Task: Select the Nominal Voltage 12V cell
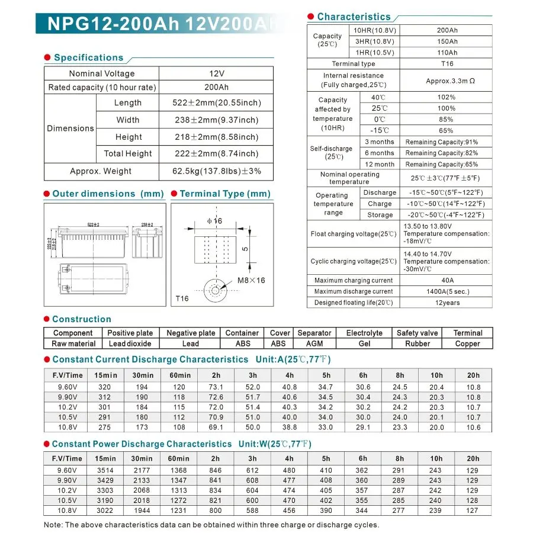tap(217, 73)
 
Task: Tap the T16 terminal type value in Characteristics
tap(447, 64)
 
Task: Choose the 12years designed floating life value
tap(447, 303)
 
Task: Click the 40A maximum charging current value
tap(447, 280)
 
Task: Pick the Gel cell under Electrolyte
tap(364, 343)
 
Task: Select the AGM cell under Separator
tap(314, 343)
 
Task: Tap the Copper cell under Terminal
tap(468, 343)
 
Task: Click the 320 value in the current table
tap(105, 387)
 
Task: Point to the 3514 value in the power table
tap(105, 471)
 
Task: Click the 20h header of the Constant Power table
tap(473, 458)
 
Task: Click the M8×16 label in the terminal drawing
tap(252, 280)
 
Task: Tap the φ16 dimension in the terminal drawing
tap(214, 221)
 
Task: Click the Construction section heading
tap(81, 319)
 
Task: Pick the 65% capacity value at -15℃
tap(447, 130)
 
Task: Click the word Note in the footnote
tap(53, 525)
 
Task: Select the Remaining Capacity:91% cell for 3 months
tap(441, 142)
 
